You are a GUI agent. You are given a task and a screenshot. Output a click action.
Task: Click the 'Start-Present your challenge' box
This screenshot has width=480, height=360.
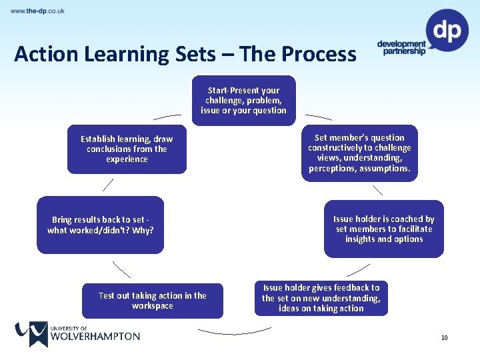click(x=243, y=100)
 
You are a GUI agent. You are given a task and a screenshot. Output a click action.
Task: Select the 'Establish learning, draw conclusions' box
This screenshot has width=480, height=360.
click(x=127, y=149)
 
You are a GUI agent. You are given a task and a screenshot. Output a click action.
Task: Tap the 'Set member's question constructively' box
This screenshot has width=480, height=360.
click(x=359, y=153)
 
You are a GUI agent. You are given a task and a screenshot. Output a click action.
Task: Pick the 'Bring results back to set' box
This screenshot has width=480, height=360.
click(x=100, y=225)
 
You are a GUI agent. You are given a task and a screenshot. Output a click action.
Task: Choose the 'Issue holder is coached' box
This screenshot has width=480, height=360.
click(x=383, y=229)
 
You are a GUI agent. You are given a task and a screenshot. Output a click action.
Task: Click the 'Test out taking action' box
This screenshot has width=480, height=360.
click(x=152, y=301)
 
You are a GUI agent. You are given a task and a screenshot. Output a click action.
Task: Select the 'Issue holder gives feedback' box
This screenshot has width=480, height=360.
click(x=321, y=298)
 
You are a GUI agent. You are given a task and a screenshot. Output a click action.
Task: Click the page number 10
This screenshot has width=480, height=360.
click(x=444, y=338)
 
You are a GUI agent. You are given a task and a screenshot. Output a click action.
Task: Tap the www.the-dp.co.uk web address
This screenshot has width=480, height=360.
click(x=38, y=11)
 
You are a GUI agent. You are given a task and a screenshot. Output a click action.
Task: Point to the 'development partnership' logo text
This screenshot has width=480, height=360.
click(x=401, y=47)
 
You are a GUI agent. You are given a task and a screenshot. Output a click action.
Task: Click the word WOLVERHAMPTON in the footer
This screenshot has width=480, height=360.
click(x=95, y=336)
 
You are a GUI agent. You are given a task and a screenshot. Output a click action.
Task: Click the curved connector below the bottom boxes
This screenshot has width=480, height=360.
click(x=235, y=331)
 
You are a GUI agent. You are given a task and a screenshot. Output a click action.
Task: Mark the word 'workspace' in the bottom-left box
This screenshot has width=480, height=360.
click(x=152, y=306)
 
